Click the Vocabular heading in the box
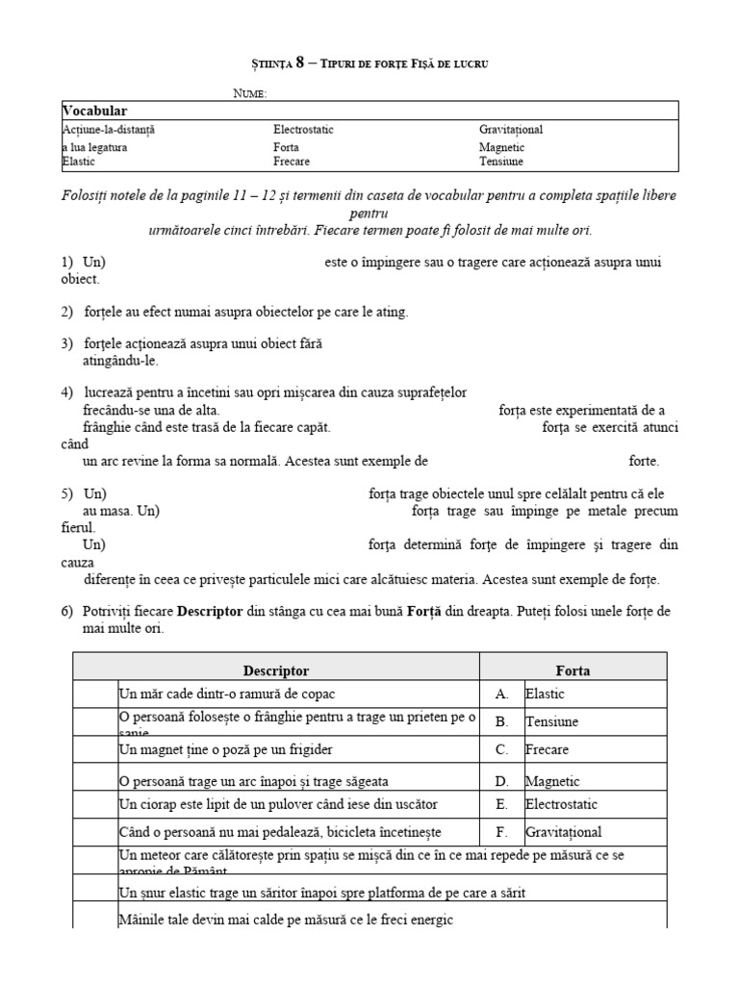click(95, 112)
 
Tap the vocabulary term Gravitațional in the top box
click(517, 129)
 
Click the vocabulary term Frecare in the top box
click(292, 162)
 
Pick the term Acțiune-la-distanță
click(109, 129)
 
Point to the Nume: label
click(250, 92)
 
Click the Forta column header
click(573, 669)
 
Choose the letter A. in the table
click(501, 693)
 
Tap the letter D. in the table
click(501, 781)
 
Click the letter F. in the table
click(501, 832)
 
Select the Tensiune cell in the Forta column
click(551, 721)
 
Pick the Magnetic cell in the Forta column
click(551, 781)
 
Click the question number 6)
click(67, 612)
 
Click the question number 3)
click(67, 344)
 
